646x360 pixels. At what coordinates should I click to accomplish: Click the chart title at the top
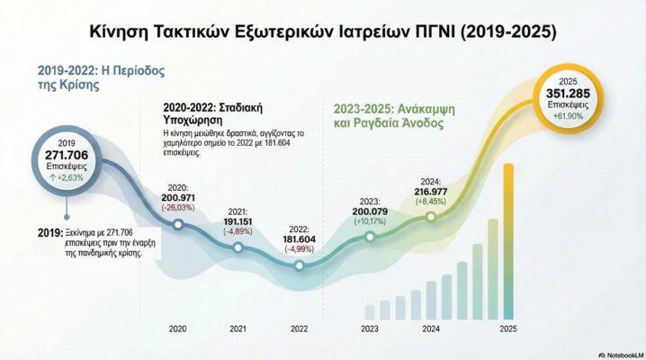(323, 31)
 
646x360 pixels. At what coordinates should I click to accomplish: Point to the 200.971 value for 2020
(179, 197)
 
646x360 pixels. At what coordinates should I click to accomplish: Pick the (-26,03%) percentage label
(179, 208)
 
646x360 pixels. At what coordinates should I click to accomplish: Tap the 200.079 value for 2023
(369, 211)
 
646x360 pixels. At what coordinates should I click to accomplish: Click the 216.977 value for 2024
(433, 192)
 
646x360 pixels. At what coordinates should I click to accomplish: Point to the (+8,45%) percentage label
(433, 202)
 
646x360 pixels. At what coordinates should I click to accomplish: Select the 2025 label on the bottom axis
(508, 329)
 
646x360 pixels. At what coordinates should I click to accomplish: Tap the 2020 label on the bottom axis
(179, 329)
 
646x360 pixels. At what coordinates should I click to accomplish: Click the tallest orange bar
(508, 240)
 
